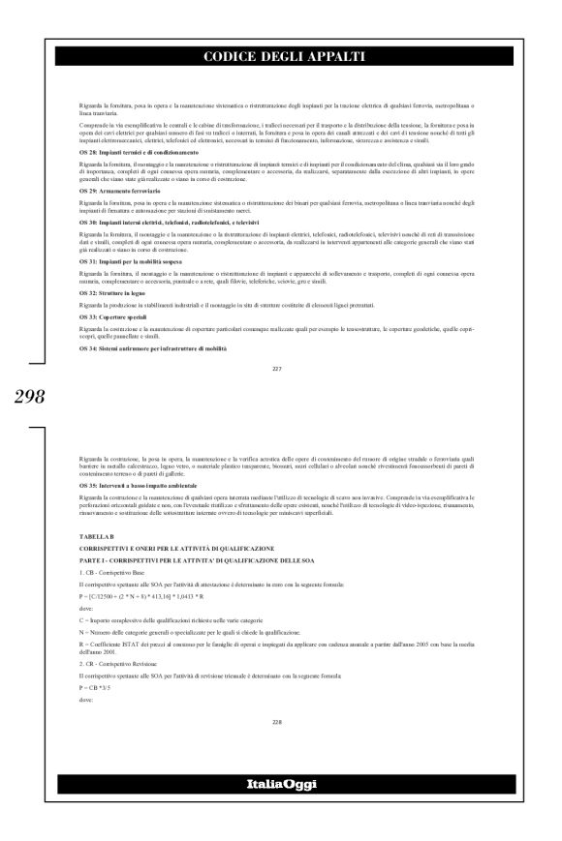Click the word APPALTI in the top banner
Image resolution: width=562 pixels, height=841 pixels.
322,57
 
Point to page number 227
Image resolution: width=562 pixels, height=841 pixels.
280,368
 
